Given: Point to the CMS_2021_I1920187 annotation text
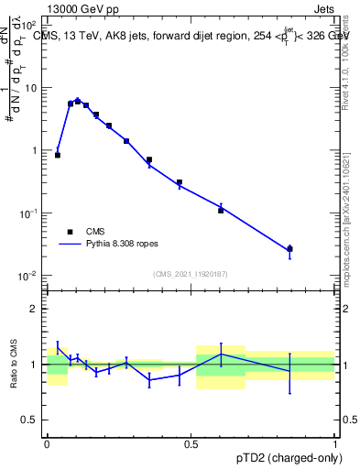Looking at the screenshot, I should pyautogui.click(x=190, y=273).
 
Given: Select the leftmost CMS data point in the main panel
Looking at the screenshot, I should pyautogui.click(x=58, y=155).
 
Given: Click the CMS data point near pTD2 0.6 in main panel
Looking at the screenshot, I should pyautogui.click(x=221, y=211).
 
